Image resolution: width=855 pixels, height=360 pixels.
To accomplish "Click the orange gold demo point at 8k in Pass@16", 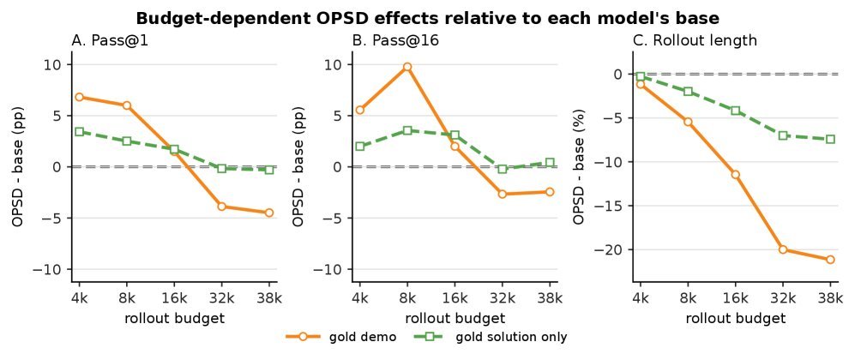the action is pos(407,67).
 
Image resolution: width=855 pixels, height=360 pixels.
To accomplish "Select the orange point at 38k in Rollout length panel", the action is pos(830,260).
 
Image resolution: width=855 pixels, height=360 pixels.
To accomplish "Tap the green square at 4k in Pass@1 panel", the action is pos(79,131).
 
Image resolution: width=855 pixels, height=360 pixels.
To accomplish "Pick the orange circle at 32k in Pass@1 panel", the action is pos(221,207).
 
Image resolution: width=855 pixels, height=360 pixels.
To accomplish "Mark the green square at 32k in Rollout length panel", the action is pos(783,135).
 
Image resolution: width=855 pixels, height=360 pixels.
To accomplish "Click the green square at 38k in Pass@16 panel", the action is pos(550,162).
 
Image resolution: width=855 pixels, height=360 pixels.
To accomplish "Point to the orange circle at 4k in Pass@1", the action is pos(79,97).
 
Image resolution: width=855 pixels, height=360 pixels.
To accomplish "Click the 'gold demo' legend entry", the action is pos(341,337).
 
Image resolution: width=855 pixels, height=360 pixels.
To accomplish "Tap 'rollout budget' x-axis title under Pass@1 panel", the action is pos(174,318).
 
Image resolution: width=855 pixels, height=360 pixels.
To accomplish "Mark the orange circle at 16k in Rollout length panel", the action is pos(736,174).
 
